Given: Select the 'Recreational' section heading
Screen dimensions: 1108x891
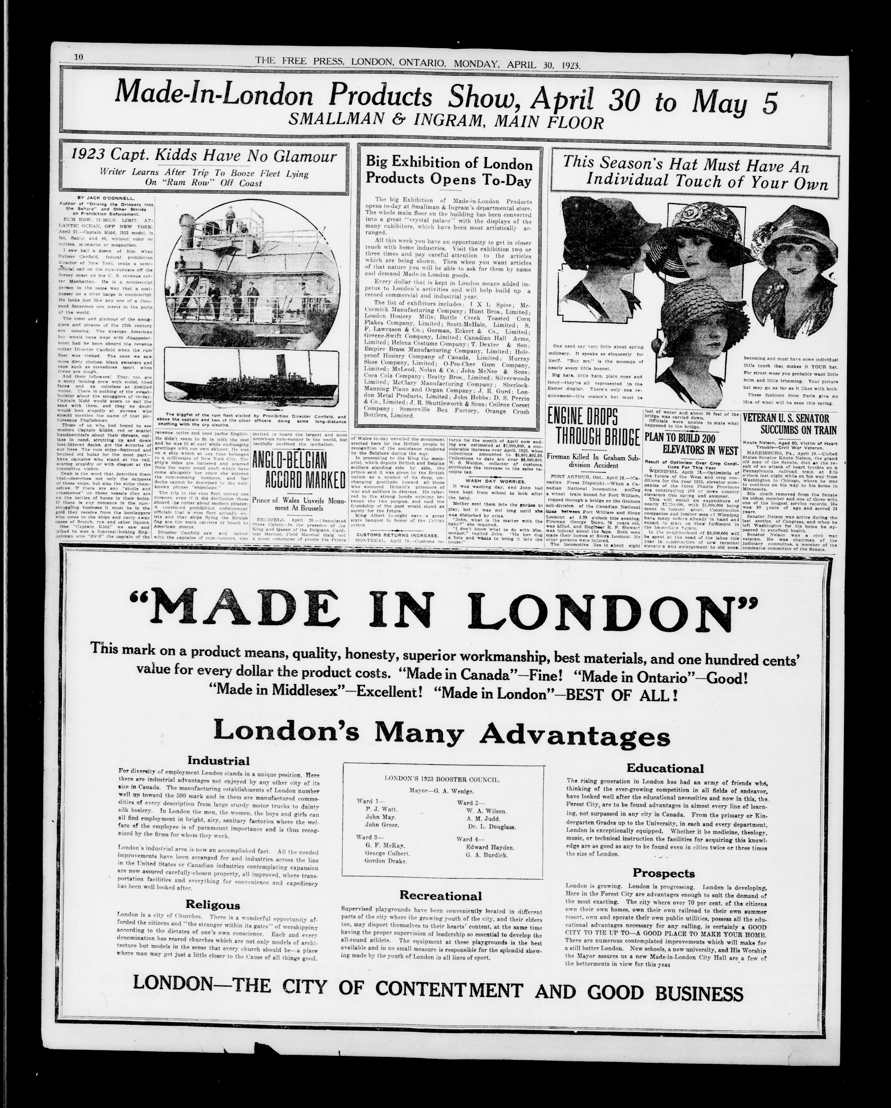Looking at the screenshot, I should click(441, 895).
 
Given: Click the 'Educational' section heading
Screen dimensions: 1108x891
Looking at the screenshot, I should click(665, 769).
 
